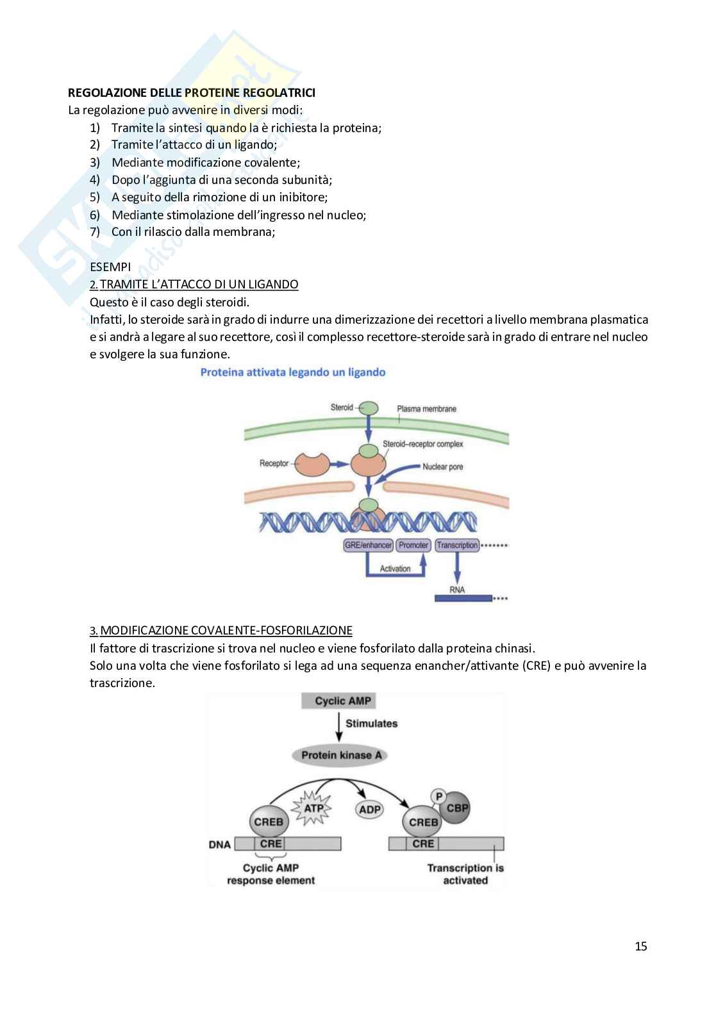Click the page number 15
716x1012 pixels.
641,946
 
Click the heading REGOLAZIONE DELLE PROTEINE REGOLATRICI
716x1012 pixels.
192,93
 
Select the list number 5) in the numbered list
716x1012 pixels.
95,197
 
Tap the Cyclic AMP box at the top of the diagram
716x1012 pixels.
342,701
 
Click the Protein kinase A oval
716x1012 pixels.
341,755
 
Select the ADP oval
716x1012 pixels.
370,809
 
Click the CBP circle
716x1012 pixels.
457,808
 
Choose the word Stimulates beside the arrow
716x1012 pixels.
371,724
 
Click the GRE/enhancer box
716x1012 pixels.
368,545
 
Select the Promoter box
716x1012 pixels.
413,545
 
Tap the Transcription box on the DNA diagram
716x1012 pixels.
456,545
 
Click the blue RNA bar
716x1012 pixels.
463,598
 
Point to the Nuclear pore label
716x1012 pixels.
442,467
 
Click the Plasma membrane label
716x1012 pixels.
426,409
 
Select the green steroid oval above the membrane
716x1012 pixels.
368,408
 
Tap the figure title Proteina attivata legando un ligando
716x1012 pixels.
293,372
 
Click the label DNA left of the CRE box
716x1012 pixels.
220,844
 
